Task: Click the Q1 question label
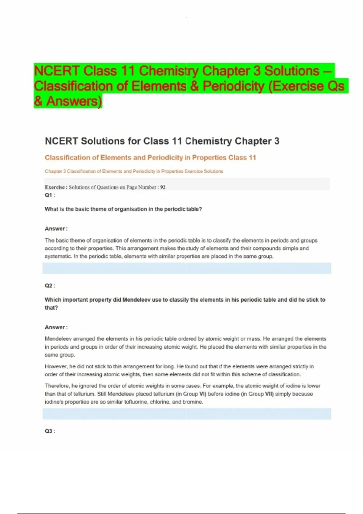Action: (49, 195)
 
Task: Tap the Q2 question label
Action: (49, 285)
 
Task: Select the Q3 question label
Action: (49, 431)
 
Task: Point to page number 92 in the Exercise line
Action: (163, 187)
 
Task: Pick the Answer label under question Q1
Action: (55, 229)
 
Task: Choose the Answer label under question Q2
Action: (55, 327)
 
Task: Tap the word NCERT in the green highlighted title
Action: (57, 71)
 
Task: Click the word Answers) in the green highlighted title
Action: (74, 101)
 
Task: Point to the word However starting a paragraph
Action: (56, 366)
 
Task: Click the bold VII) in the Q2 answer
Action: (269, 394)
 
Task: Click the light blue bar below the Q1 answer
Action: (187, 268)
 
